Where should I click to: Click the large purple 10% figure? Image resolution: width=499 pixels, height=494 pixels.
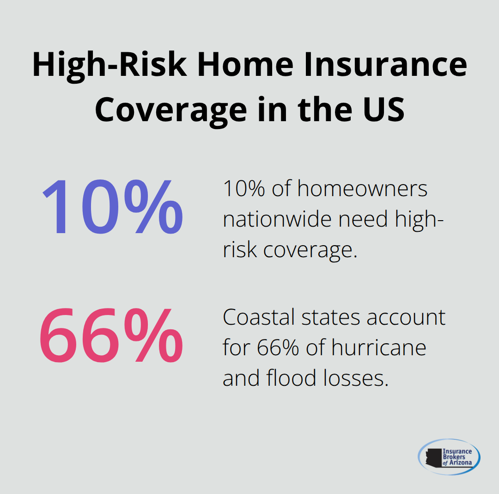[112, 206]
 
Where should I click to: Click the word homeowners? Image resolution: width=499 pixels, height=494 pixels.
[362, 189]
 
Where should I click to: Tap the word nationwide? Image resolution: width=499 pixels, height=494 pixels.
[278, 219]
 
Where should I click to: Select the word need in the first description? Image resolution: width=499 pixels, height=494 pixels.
[364, 219]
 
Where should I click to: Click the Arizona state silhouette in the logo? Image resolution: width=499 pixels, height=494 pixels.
[434, 457]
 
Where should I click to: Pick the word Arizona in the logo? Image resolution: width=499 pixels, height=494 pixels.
[459, 463]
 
